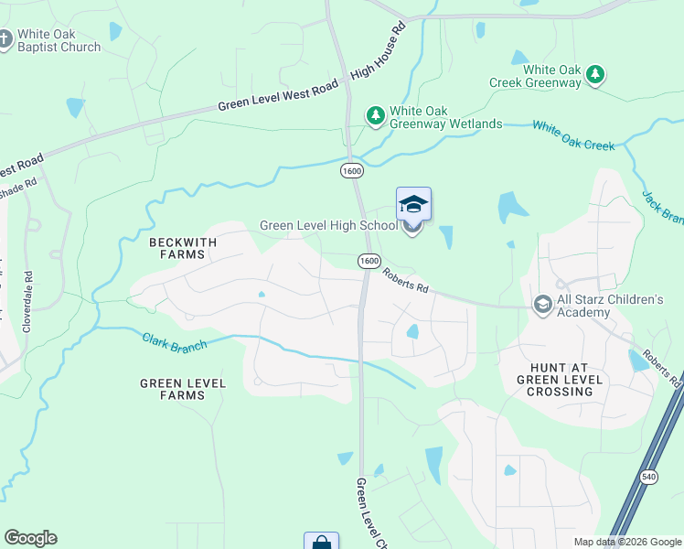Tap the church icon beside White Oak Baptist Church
(x=5, y=39)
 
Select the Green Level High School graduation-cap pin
(x=413, y=206)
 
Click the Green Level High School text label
(x=328, y=225)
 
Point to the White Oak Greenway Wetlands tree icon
(x=375, y=114)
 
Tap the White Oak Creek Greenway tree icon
(x=595, y=74)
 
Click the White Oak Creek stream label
(x=573, y=135)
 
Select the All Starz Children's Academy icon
(x=542, y=303)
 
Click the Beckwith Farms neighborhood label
(x=182, y=248)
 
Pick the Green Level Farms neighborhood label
(x=182, y=389)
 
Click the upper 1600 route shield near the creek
(x=350, y=170)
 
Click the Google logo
(x=30, y=538)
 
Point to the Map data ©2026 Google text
(x=626, y=542)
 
